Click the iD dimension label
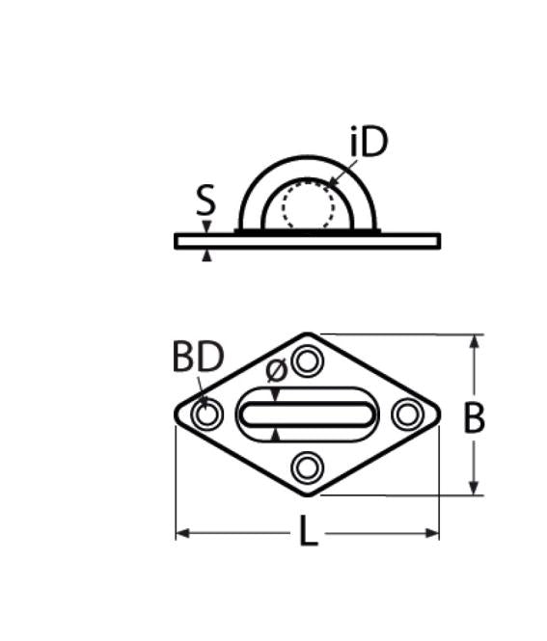368,143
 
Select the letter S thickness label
205,201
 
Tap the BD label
198,358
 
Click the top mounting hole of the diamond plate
308,362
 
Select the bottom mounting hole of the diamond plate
308,468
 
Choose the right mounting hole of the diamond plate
408,415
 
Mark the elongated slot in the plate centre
308,415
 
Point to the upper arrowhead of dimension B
474,341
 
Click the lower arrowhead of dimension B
474,489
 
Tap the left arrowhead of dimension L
182,532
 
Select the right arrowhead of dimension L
433,532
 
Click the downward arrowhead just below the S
205,227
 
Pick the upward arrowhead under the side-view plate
205,254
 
